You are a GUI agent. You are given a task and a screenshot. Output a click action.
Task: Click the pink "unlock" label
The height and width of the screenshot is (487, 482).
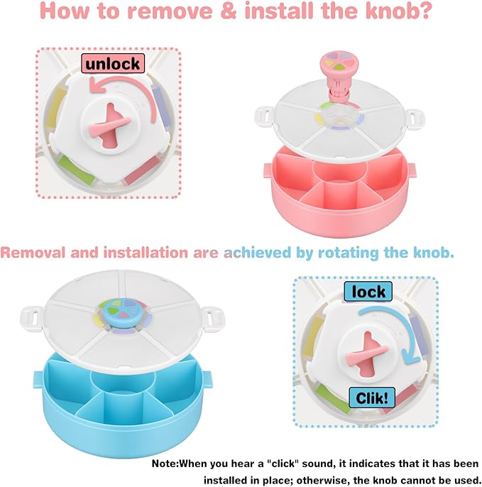(x=112, y=63)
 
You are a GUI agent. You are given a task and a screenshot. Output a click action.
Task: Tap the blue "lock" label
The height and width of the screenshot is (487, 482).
(x=368, y=291)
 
